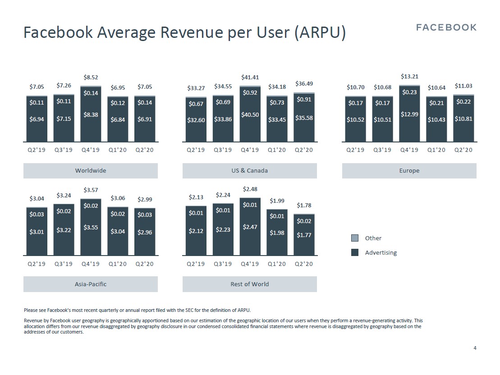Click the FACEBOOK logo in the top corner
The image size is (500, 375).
[x=446, y=27]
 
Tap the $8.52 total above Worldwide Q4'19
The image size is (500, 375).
[x=91, y=78]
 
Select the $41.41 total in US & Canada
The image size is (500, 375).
[x=250, y=78]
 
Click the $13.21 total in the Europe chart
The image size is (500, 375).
[x=409, y=77]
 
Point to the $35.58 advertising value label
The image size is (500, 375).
[x=304, y=118]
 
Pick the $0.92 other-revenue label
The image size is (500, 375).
[x=250, y=93]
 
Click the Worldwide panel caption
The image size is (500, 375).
[x=91, y=171]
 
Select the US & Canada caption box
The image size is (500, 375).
[x=250, y=171]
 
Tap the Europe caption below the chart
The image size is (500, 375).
[x=409, y=171]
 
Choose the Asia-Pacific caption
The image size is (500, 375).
[x=91, y=284]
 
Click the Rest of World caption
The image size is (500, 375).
[x=250, y=284]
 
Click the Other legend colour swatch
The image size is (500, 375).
[x=355, y=238]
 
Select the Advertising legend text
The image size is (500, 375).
[x=381, y=252]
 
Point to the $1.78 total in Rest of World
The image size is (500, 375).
[x=304, y=206]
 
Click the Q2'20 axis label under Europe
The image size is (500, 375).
[x=463, y=150]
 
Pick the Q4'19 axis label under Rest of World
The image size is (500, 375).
[x=250, y=264]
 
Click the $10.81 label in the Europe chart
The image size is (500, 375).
[x=463, y=119]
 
